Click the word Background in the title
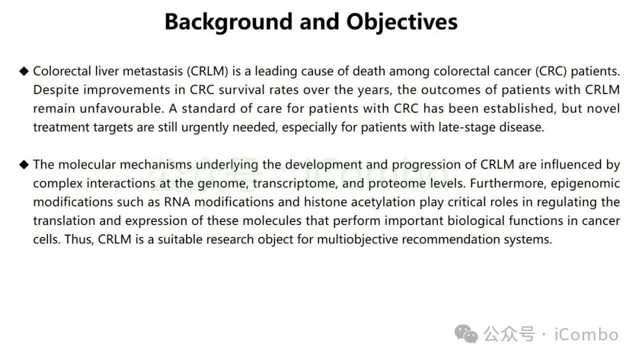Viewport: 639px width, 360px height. [228, 22]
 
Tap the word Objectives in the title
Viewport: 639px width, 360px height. [402, 22]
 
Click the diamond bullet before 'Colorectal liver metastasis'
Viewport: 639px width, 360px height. [24, 71]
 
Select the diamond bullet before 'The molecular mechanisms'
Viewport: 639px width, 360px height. [24, 165]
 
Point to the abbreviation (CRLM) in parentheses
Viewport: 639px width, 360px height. [208, 71]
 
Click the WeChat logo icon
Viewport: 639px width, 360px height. [466, 334]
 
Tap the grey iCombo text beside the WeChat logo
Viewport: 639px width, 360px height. [586, 335]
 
